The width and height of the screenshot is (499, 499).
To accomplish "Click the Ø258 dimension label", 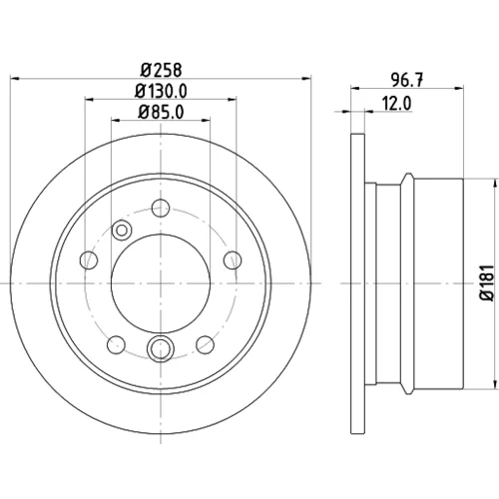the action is pyautogui.click(x=162, y=70).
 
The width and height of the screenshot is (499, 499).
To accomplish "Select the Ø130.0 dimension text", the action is pyautogui.click(x=161, y=91).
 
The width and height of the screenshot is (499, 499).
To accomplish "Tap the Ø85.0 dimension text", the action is pyautogui.click(x=161, y=112).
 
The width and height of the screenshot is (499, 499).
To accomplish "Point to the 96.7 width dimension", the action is pyautogui.click(x=407, y=80).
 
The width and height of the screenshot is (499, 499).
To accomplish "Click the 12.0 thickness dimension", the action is pyautogui.click(x=396, y=104).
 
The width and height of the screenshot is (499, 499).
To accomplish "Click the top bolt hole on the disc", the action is pyautogui.click(x=161, y=208).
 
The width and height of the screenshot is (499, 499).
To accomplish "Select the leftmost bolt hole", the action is pyautogui.click(x=89, y=259).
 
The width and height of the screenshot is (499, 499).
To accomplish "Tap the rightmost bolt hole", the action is pyautogui.click(x=233, y=259).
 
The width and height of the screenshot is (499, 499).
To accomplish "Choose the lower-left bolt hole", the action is pyautogui.click(x=117, y=344).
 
